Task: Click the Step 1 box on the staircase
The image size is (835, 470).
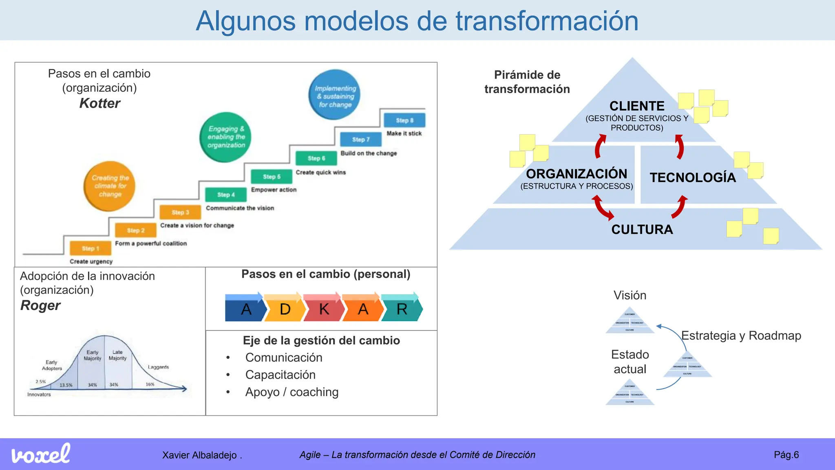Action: [x=90, y=248]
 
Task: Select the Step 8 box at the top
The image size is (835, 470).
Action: [x=404, y=120]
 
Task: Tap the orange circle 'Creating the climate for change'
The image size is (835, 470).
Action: [x=109, y=186]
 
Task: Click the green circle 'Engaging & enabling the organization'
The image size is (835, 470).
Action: [x=225, y=137]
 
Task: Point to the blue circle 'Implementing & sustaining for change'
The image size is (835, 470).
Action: [x=335, y=95]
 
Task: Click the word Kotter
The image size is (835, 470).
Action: [x=99, y=103]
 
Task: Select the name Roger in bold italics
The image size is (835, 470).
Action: [x=40, y=306]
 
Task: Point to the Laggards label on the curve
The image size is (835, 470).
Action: [x=158, y=367]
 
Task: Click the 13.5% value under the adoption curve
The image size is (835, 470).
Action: [x=66, y=385]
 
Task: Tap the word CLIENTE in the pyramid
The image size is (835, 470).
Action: [x=637, y=106]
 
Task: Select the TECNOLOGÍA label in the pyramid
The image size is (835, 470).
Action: [x=693, y=177]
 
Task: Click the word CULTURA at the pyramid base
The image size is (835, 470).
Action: [x=642, y=230]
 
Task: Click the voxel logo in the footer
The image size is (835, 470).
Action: [x=41, y=454]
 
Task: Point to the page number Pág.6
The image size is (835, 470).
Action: [x=786, y=455]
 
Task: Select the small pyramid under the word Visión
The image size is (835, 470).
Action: [x=630, y=321]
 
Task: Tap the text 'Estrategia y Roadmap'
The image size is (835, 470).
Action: [x=741, y=335]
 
